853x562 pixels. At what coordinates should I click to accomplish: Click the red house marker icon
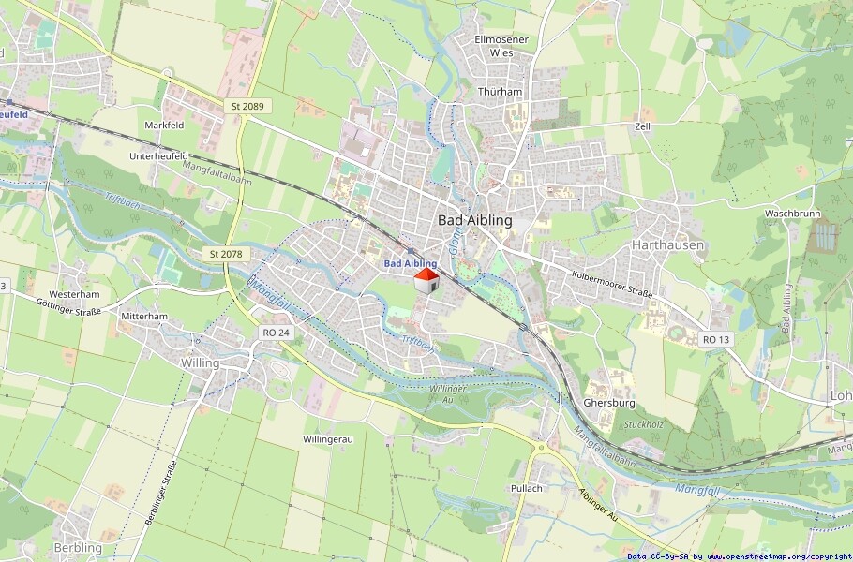[x=426, y=281]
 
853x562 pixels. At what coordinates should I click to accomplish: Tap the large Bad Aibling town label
[x=475, y=220]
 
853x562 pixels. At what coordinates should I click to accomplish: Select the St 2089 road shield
[x=247, y=107]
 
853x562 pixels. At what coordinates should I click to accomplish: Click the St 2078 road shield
[x=223, y=254]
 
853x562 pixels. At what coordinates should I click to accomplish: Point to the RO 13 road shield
[x=715, y=339]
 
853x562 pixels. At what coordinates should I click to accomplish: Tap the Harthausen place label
[x=667, y=244]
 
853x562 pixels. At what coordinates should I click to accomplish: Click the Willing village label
[x=200, y=362]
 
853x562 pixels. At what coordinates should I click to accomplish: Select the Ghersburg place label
[x=609, y=403]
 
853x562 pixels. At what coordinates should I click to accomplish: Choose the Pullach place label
[x=527, y=488]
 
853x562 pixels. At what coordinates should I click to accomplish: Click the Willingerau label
[x=328, y=439]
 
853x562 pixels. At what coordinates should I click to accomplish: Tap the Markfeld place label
[x=164, y=125]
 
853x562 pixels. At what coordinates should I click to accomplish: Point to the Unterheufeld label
[x=159, y=155]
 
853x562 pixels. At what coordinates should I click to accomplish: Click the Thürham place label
[x=500, y=92]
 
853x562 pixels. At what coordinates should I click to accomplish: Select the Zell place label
[x=642, y=126]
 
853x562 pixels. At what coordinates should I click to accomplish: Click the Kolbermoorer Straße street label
[x=611, y=283]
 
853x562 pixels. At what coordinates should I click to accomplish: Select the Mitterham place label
[x=144, y=317]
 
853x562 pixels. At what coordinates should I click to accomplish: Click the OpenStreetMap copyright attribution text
[x=739, y=555]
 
